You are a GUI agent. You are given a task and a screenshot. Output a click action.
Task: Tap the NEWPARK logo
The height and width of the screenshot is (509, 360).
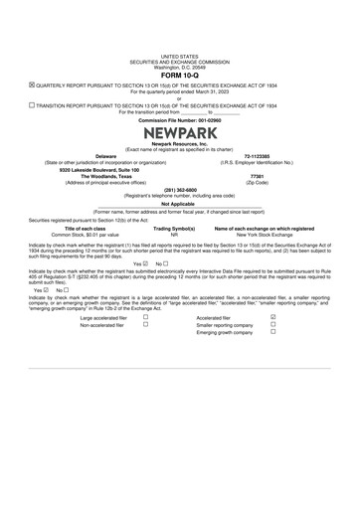pos(179,133)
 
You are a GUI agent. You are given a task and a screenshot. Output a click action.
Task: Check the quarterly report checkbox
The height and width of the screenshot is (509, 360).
pos(32,85)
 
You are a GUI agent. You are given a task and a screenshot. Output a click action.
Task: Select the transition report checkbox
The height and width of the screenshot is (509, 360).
pos(32,103)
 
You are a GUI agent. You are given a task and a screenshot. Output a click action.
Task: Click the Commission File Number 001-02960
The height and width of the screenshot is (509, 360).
pos(179,119)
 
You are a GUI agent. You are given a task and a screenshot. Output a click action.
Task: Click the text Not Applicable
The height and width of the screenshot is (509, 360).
pos(179,205)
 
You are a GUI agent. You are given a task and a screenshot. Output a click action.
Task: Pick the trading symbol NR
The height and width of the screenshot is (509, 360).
pos(174,235)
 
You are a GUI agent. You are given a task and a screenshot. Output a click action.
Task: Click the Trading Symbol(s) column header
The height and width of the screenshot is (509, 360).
pos(174,229)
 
